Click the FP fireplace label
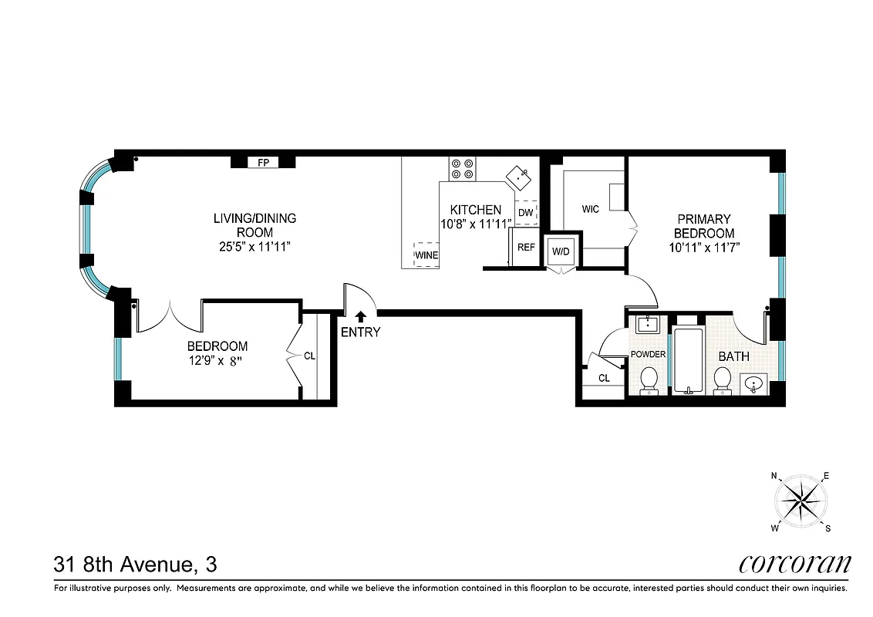point(263,163)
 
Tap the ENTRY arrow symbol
point(360,315)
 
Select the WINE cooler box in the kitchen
point(427,255)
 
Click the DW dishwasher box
point(525,212)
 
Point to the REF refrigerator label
point(526,248)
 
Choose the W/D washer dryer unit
point(560,251)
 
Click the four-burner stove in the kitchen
point(463,169)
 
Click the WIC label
point(591,209)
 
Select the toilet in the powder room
point(649,379)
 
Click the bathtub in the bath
point(688,361)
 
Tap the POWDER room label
point(648,354)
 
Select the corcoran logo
point(794,564)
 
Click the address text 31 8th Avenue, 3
point(135,565)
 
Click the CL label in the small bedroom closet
point(309,356)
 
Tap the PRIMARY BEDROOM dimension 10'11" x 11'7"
point(704,247)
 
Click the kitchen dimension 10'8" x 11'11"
point(476,224)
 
